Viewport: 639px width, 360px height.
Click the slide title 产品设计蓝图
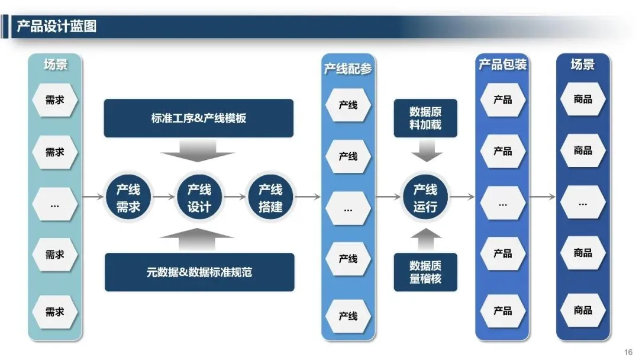click(57, 27)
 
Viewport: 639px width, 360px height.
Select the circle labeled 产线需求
click(128, 198)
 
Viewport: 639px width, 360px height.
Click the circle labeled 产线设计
click(199, 198)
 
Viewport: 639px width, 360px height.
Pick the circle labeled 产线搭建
click(270, 198)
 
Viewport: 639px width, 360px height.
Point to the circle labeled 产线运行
click(425, 198)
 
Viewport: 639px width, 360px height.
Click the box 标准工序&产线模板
click(199, 118)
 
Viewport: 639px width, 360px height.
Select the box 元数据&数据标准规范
click(199, 272)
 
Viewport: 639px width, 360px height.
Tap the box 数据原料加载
click(425, 118)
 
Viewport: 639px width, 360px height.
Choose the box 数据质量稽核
click(425, 272)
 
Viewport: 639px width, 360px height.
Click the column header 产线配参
click(348, 69)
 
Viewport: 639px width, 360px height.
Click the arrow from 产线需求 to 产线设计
click(164, 197)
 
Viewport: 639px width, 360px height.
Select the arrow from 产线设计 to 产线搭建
click(235, 197)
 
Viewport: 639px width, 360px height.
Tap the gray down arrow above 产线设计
click(199, 151)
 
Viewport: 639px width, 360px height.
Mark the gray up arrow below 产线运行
click(425, 240)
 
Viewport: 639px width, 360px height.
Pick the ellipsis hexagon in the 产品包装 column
click(502, 204)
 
